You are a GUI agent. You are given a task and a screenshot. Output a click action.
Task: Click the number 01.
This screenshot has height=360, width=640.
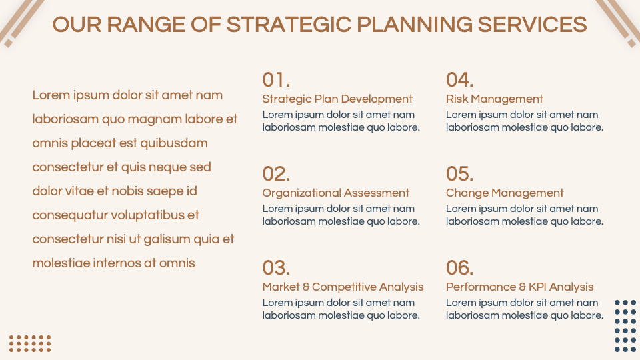point(276,80)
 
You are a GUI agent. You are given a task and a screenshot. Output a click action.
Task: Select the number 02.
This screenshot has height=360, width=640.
point(276,174)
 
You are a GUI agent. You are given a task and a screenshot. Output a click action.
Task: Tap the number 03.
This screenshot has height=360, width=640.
point(276,268)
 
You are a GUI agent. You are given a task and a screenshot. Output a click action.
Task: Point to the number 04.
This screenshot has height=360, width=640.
point(459,80)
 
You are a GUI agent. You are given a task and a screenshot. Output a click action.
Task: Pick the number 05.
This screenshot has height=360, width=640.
point(459,174)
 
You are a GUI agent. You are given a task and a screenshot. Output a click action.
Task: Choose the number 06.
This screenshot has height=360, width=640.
point(459,268)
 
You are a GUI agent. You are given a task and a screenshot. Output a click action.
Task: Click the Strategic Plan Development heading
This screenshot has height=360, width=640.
point(337,99)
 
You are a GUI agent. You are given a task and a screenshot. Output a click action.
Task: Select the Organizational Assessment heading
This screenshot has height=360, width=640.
point(335,193)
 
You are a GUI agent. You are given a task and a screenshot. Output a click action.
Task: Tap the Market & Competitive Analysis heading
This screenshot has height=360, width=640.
point(343,287)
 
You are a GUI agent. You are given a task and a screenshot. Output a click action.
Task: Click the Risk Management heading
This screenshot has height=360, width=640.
point(494,99)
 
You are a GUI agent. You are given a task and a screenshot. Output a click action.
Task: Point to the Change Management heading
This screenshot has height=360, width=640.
point(505,193)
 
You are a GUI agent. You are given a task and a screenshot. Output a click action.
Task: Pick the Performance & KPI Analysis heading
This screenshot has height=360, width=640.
point(519,287)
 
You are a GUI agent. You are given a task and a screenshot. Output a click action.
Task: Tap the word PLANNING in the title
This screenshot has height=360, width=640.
point(413,25)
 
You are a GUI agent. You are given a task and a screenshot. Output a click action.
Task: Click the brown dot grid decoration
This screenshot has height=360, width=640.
point(30,343)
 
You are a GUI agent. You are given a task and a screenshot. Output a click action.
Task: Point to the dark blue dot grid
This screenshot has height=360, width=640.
point(625,326)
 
